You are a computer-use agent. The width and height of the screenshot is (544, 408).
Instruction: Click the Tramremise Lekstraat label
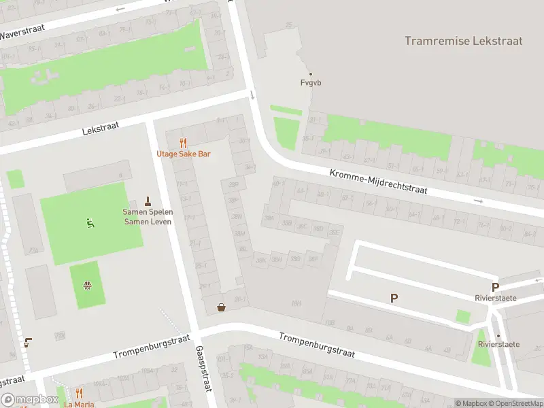point(463,41)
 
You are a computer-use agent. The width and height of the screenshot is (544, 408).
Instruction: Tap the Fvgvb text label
point(311,83)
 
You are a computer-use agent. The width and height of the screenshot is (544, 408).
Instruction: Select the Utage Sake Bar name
point(184,154)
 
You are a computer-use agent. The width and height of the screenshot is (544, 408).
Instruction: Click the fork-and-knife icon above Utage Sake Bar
point(183,143)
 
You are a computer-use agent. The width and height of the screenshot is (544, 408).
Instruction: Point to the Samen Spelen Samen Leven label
point(148,216)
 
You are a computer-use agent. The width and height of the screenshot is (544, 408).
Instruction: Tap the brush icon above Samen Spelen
point(148,201)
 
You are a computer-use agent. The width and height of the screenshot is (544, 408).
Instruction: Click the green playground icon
point(90,222)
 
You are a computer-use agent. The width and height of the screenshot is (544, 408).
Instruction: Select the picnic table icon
point(87,285)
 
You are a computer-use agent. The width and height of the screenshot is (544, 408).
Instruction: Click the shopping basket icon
point(222,307)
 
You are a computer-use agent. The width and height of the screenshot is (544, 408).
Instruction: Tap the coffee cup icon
point(27,342)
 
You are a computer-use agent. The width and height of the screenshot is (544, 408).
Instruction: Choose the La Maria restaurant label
point(79,404)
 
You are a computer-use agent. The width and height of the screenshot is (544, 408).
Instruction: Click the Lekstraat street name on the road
point(100,126)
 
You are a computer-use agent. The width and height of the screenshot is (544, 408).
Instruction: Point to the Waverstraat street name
point(22,33)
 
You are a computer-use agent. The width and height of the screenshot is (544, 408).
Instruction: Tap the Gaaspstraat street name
point(201,367)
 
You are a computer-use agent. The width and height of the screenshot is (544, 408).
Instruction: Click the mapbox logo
point(29,400)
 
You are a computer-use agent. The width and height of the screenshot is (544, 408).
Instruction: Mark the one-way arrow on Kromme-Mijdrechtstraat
point(479,201)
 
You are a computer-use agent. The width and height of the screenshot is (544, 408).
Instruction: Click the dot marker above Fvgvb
point(311,74)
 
